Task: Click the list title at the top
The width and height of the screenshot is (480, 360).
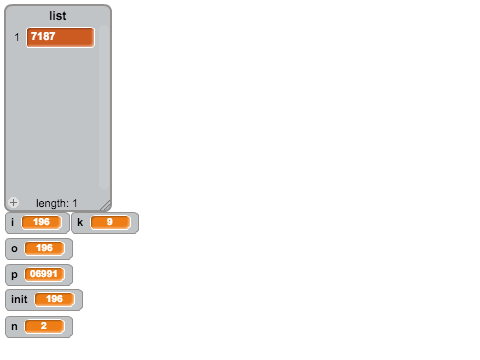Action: [x=58, y=16]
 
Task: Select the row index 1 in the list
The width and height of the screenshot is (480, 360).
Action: [x=17, y=37]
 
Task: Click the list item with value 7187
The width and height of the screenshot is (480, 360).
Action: [x=60, y=37]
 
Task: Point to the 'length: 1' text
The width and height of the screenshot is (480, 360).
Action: [x=56, y=203]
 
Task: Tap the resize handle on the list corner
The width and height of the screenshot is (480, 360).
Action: [x=106, y=205]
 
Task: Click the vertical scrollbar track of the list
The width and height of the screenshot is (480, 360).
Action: [x=103, y=107]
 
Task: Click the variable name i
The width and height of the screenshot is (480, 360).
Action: [x=13, y=222]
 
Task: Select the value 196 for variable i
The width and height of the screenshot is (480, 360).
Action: [x=42, y=222]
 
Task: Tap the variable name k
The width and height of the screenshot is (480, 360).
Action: [x=80, y=222]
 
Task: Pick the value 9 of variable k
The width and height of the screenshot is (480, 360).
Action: [x=110, y=222]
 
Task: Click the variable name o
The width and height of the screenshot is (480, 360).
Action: [x=14, y=249]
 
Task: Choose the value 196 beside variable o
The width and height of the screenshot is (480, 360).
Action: [x=44, y=248]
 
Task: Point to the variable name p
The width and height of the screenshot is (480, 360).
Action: [x=14, y=275]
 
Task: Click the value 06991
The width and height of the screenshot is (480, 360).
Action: [x=44, y=274]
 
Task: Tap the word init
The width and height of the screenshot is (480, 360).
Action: [x=19, y=299]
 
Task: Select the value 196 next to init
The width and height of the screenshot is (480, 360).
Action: [x=54, y=299]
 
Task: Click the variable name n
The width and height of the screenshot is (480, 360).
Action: [x=14, y=327]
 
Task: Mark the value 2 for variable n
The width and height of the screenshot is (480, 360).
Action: [x=44, y=326]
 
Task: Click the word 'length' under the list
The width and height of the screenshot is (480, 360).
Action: [x=52, y=203]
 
